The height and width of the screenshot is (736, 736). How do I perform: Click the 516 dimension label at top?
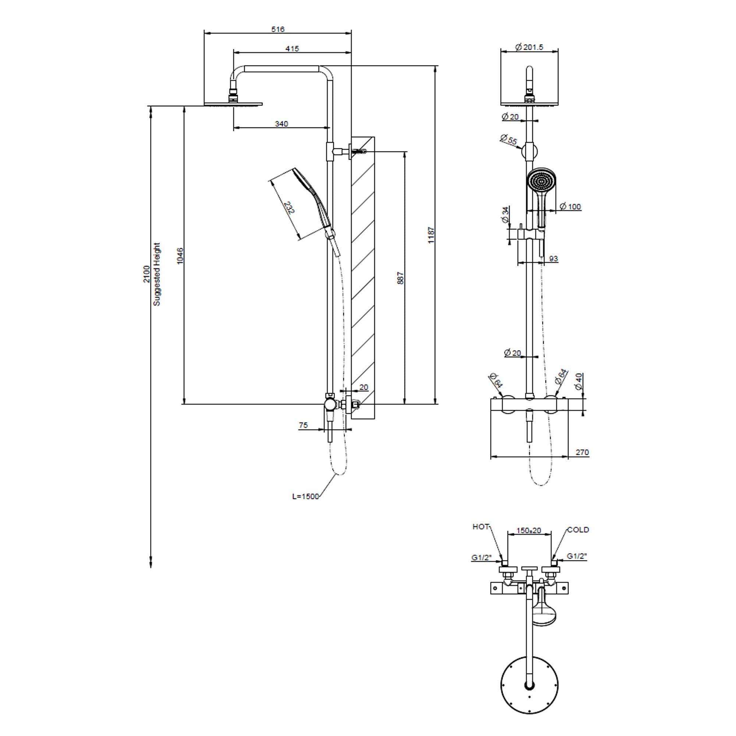[278, 29]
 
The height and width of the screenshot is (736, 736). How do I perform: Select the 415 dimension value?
[292, 49]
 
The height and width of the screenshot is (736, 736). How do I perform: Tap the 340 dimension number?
[282, 124]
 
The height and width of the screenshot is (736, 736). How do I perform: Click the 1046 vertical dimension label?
[180, 256]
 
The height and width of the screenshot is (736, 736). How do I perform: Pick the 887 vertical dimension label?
[400, 278]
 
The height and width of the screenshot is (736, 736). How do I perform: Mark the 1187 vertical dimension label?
[431, 235]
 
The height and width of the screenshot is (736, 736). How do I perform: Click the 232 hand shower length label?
[289, 207]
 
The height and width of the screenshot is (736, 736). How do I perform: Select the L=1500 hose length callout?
[305, 496]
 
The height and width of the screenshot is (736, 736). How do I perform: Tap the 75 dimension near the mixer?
[303, 425]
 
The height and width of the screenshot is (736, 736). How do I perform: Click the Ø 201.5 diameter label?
[529, 47]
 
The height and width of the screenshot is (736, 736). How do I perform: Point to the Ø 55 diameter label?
[509, 140]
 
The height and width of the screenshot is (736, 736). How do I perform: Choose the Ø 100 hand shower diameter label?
[570, 206]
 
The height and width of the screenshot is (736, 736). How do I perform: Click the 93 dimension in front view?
[553, 259]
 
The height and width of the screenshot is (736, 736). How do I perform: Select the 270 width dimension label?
[582, 452]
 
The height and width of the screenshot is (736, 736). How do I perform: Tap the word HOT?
[480, 527]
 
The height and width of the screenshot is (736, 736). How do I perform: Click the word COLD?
[578, 530]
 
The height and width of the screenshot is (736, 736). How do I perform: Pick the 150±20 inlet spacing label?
[529, 530]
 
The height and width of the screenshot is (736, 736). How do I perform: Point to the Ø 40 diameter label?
[578, 381]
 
